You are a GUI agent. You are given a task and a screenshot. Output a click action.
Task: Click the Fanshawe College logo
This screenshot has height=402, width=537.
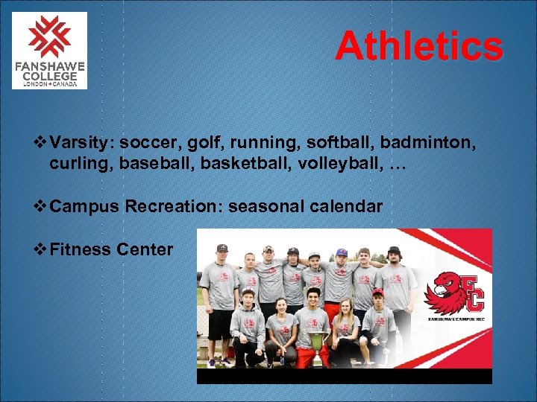(49, 50)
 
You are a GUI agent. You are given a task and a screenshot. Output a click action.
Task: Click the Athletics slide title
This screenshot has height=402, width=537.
(418, 46)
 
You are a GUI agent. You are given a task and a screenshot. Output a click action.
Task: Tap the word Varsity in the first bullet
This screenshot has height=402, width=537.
(81, 141)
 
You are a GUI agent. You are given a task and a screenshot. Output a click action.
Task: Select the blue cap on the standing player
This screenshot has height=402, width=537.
(341, 252)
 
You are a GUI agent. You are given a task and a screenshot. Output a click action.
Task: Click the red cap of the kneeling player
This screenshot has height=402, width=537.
(377, 292)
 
